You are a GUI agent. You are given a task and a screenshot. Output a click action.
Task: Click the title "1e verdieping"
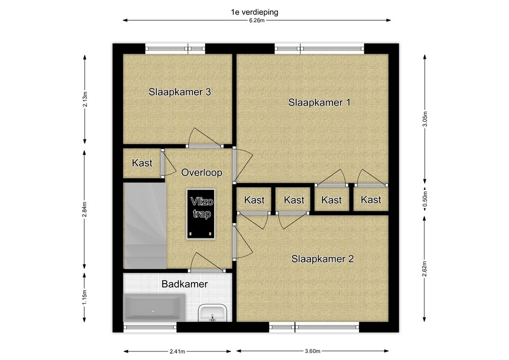254,12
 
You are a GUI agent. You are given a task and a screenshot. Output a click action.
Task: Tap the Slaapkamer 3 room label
180,92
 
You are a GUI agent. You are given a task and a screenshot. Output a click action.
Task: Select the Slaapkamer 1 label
319,102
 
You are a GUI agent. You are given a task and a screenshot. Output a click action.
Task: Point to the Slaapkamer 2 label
322,259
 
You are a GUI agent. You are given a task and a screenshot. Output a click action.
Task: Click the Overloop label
201,172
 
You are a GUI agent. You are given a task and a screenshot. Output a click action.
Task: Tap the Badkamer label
185,284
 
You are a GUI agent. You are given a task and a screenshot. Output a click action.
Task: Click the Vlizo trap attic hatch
200,214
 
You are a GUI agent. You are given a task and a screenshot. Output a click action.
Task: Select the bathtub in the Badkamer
154,308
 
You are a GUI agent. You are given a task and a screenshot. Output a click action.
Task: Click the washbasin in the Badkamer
212,313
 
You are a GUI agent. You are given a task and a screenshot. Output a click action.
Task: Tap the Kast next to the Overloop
142,163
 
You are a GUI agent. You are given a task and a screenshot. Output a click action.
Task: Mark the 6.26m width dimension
257,21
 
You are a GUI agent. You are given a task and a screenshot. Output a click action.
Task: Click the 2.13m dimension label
85,100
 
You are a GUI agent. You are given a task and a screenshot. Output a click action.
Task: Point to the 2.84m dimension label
85,210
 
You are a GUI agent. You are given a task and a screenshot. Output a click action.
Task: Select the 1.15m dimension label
85,297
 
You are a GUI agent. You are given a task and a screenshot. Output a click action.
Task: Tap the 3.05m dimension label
425,119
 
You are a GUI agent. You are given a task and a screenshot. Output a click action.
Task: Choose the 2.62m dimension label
425,269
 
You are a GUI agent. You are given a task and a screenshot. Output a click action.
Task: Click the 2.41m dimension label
177,351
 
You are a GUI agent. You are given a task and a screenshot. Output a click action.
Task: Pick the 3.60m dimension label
312,351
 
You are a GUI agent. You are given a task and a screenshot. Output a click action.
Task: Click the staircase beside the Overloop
145,226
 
